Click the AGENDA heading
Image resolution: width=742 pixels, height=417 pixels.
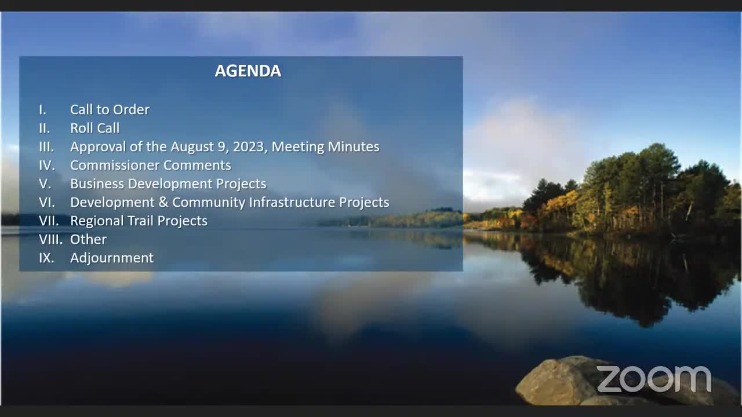[x=248, y=71]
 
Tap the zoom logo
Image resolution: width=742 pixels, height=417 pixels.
[x=654, y=379]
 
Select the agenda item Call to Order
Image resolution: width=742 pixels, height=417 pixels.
[x=110, y=109]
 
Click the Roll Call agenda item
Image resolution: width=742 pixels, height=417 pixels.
[x=94, y=128]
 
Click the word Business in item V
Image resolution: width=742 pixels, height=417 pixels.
[x=97, y=184]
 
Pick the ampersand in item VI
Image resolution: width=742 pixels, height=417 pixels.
[x=163, y=202]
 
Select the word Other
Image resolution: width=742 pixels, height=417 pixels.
[x=89, y=239]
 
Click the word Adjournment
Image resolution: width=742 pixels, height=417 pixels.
[x=112, y=258]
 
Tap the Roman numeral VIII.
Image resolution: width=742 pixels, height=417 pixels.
[x=50, y=239]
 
